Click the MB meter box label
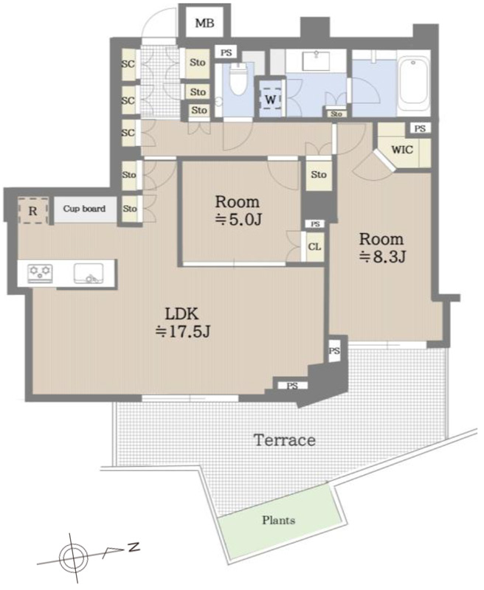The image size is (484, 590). point(204,24)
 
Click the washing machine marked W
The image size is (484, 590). point(271,100)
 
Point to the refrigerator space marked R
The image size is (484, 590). point(33,211)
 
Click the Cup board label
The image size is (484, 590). point(84,209)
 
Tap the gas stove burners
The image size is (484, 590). point(40,274)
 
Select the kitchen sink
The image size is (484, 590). point(89,274)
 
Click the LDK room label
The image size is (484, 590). point(181,313)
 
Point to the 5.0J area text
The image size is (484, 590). point(238,219)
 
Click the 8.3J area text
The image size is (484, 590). point(382,257)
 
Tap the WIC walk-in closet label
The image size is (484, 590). point(402,150)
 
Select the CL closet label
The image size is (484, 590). point(314,247)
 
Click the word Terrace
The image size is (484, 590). point(285,440)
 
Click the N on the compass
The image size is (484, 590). point(134,546)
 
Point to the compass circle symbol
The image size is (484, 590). point(74,558)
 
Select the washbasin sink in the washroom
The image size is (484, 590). point(315,60)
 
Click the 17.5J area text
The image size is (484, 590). point(183,331)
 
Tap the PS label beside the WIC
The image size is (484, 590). point(420,128)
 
